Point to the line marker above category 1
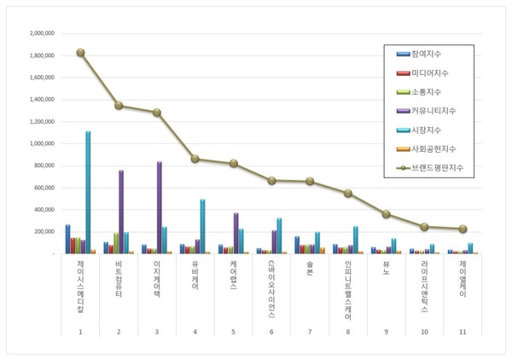point(80,52)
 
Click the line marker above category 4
point(195,159)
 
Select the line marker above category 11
point(463,229)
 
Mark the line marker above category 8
point(348,193)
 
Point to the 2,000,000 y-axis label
point(42,33)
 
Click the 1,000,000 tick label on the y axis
point(42,143)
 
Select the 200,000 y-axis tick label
point(44,231)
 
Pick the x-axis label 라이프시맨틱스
point(424,286)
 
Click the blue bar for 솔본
point(297,245)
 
